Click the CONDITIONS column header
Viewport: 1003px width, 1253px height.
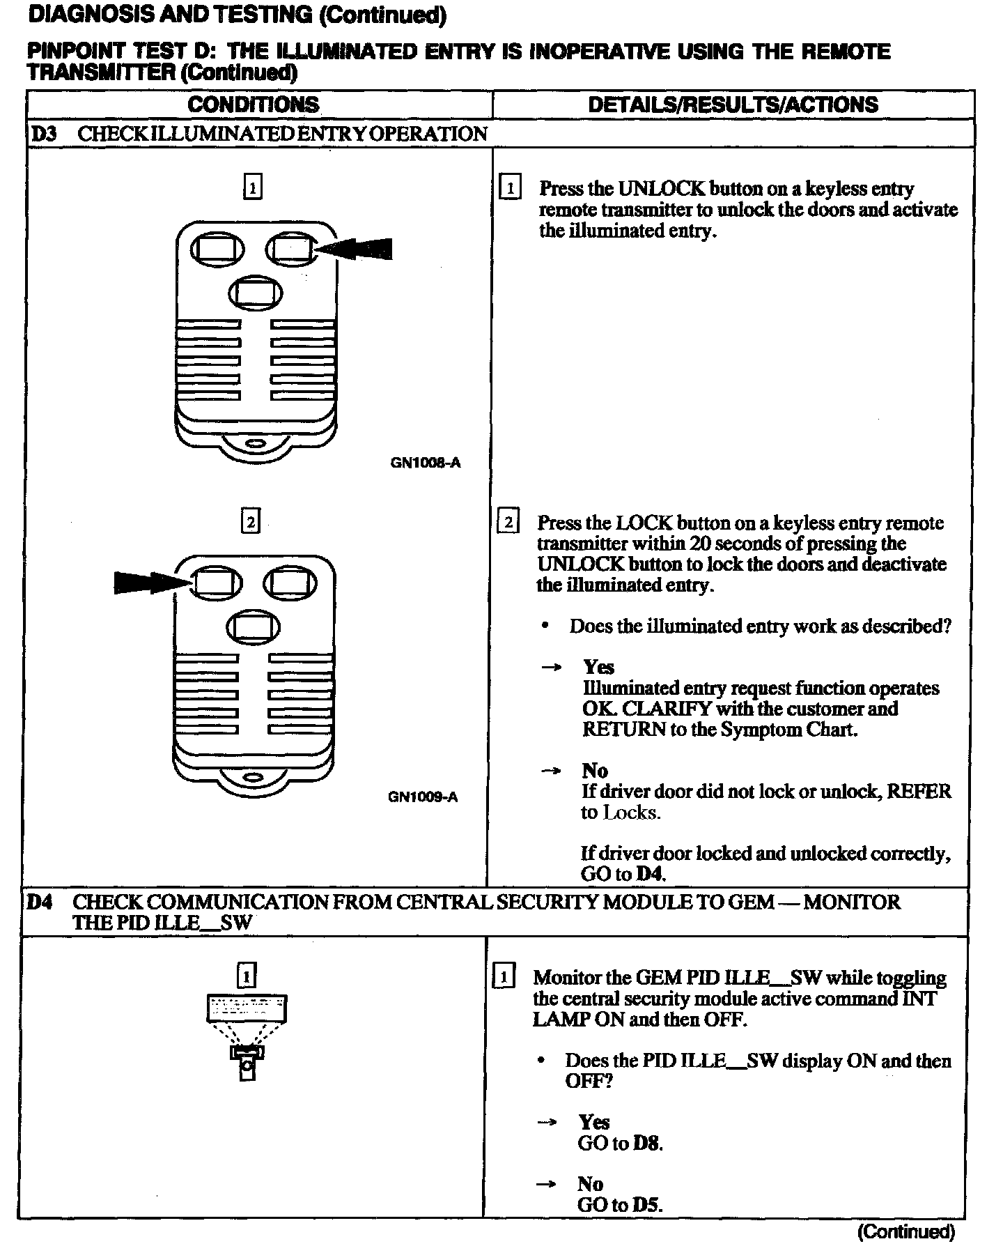[253, 105]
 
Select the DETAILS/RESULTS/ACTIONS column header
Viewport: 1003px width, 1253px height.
[733, 105]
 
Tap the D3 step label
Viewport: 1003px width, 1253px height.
[43, 133]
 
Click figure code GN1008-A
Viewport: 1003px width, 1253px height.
[425, 463]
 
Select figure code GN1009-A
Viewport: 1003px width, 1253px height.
[423, 797]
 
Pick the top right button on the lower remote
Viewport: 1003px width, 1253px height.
[289, 583]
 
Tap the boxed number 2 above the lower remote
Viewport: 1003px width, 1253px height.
[250, 521]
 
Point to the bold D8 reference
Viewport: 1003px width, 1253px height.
[646, 1144]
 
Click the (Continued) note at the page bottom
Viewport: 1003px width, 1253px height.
[905, 1232]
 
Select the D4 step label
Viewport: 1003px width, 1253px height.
[38, 902]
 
